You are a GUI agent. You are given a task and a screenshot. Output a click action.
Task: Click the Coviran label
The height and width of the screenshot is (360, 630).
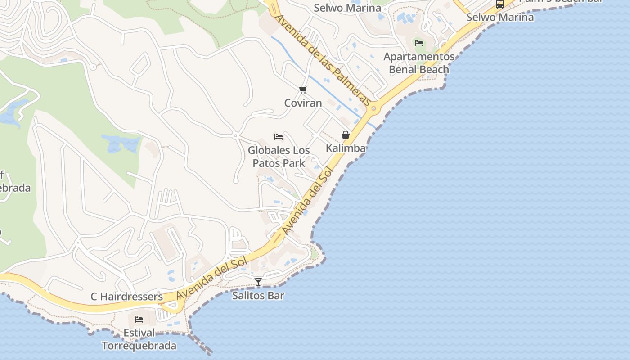coord(303,103)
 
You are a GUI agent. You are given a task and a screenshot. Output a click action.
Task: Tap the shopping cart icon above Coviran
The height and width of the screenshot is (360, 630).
coord(303,90)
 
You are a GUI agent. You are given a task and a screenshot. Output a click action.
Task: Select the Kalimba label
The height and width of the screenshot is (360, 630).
coord(346,148)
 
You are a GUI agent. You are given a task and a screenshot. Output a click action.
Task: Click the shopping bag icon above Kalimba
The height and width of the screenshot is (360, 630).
coord(346,135)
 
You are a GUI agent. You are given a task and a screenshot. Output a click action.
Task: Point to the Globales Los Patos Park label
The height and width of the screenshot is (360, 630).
coord(279,157)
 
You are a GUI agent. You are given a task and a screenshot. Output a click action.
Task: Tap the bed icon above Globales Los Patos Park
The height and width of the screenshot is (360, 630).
coord(279,137)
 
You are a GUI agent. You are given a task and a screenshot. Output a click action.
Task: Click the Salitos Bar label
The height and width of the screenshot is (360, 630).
coord(258,296)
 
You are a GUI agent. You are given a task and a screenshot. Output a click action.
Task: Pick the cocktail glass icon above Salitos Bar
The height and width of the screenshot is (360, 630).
coord(258,282)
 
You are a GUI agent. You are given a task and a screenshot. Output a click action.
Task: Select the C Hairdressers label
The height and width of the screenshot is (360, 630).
coord(126,297)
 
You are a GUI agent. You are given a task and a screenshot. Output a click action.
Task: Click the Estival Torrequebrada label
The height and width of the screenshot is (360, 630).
coord(139,339)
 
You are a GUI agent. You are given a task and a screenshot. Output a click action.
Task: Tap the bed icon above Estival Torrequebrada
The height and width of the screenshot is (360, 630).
coord(139,319)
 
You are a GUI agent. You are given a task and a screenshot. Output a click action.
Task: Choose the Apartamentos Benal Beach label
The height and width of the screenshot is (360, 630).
coord(419,63)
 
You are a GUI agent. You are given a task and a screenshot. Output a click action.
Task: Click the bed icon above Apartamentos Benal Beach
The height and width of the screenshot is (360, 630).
coord(419,43)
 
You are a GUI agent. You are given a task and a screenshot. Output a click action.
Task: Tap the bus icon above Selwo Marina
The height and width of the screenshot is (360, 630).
coord(499,4)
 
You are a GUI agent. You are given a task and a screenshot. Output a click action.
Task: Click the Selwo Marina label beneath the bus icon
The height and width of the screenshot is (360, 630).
coord(499,18)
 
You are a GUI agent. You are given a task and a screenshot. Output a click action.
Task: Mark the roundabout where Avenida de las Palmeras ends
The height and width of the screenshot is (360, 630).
coord(373,108)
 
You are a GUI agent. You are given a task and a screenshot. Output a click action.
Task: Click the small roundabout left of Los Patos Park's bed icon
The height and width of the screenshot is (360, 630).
coord(235,135)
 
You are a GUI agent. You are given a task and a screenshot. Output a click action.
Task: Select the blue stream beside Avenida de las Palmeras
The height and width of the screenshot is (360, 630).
coord(315,81)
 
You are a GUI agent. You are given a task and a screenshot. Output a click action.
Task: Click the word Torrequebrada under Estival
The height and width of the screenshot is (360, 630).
coord(139,346)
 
